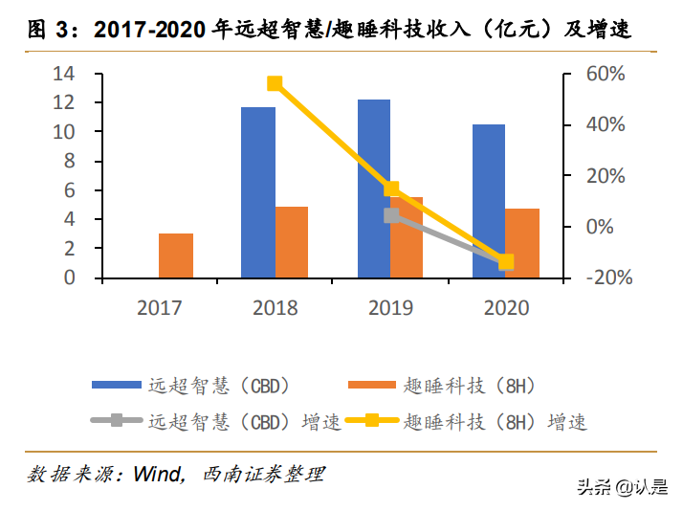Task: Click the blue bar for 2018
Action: [257, 192]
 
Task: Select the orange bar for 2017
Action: [176, 255]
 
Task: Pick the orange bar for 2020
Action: [522, 243]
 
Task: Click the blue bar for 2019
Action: [373, 189]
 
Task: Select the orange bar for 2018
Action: [292, 242]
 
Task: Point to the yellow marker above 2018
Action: [275, 83]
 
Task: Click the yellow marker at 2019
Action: [391, 189]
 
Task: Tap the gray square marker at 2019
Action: [390, 215]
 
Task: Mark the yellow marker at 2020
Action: [506, 261]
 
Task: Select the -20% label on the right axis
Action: [604, 278]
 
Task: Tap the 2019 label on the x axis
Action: [390, 308]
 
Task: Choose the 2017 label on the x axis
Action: [159, 308]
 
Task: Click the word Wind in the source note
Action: [157, 475]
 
